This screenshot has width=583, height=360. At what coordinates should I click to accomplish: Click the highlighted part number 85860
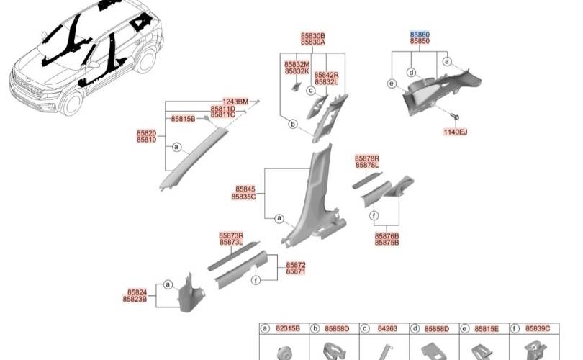(x=420, y=35)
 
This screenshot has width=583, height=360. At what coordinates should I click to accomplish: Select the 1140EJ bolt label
(x=455, y=132)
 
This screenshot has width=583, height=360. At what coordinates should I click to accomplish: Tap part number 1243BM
(x=235, y=102)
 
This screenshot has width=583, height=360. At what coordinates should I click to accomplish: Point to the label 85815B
(x=183, y=119)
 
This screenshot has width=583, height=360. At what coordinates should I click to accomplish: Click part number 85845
(x=245, y=189)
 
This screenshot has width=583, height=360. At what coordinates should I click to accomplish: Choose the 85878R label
(x=367, y=159)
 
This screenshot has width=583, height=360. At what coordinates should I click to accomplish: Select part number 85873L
(x=231, y=243)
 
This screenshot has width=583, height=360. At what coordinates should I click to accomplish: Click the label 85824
(x=137, y=293)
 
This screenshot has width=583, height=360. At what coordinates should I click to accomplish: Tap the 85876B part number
(x=387, y=236)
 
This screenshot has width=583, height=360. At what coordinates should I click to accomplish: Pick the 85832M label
(x=297, y=65)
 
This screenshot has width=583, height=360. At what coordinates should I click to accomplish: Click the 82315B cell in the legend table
(x=288, y=329)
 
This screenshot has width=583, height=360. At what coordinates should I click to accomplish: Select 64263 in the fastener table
(x=387, y=329)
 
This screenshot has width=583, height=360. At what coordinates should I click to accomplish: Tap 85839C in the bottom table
(x=538, y=329)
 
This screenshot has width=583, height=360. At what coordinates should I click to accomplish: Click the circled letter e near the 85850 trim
(x=392, y=84)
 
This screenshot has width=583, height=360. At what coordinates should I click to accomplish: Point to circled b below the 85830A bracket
(x=293, y=125)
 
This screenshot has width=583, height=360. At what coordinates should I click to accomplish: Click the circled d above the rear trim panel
(x=411, y=72)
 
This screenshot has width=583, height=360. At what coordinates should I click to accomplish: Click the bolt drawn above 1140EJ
(x=455, y=117)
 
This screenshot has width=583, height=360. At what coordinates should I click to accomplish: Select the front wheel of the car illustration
(x=72, y=103)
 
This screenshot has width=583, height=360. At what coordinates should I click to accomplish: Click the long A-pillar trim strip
(x=194, y=158)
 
